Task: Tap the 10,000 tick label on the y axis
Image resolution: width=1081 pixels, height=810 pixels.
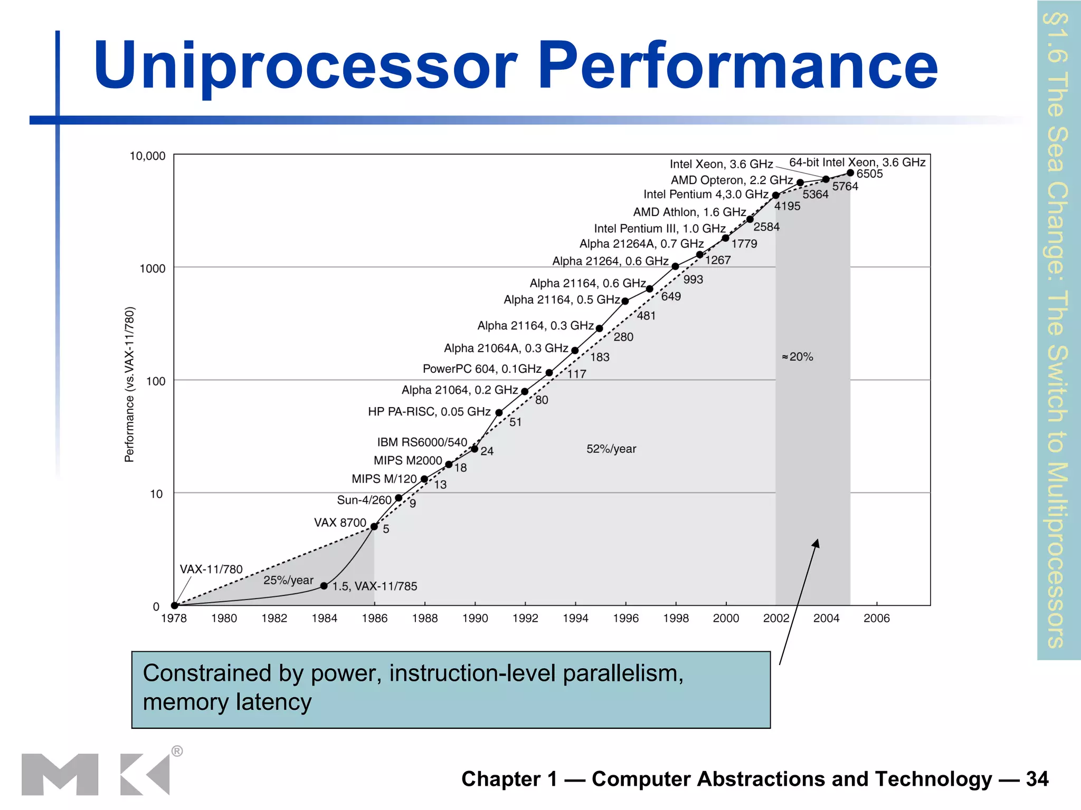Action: [147, 156]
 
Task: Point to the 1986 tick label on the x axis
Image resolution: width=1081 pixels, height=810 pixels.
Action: [374, 618]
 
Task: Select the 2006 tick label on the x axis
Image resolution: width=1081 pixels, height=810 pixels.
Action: [876, 618]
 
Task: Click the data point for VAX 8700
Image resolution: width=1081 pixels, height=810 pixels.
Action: [374, 526]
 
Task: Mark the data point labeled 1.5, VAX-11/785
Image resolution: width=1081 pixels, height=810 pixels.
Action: [324, 586]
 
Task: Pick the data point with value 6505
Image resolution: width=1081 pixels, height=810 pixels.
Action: [850, 173]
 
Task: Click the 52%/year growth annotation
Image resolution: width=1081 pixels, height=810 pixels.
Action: [611, 449]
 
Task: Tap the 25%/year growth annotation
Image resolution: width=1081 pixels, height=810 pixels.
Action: [288, 580]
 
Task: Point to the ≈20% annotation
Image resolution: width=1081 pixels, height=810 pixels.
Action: [798, 357]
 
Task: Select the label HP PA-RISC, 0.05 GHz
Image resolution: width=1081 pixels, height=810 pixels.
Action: [429, 411]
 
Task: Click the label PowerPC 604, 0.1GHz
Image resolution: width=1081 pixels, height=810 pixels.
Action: [482, 369]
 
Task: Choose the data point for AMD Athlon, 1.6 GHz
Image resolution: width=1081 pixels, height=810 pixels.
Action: [750, 219]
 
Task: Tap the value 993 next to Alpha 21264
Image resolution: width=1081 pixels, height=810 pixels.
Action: [693, 279]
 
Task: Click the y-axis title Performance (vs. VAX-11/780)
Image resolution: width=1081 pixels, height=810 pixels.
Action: [129, 384]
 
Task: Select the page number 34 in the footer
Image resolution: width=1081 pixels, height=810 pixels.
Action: [1037, 779]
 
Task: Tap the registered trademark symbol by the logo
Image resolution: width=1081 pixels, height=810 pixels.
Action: [177, 751]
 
